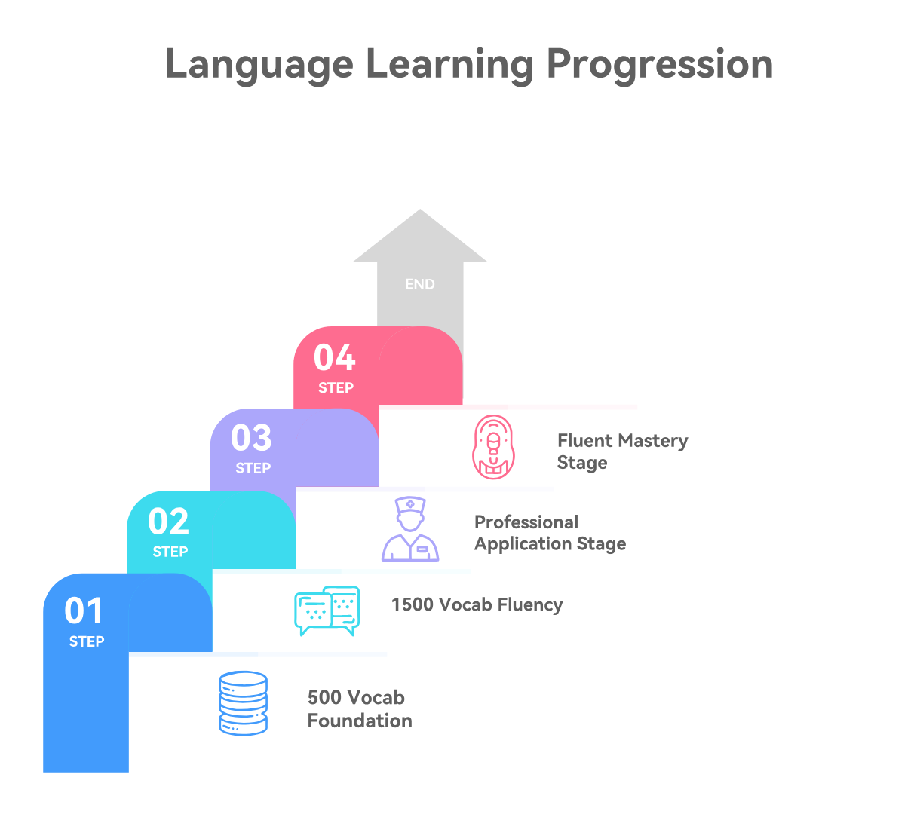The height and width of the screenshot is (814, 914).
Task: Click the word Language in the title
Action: click(x=259, y=65)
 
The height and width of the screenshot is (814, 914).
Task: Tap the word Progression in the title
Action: click(x=660, y=65)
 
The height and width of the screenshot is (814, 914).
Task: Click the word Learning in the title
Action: click(x=449, y=65)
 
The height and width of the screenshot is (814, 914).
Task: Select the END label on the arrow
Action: click(x=420, y=284)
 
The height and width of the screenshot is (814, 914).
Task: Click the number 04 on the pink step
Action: click(x=335, y=358)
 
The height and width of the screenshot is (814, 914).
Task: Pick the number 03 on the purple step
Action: click(x=251, y=438)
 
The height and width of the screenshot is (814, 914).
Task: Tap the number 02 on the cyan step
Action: click(x=168, y=522)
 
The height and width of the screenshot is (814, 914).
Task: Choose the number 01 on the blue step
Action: click(x=84, y=611)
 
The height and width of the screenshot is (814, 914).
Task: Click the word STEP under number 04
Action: click(x=336, y=388)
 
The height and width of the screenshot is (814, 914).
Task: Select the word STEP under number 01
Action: click(x=87, y=641)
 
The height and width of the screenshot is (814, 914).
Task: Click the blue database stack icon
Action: click(x=243, y=703)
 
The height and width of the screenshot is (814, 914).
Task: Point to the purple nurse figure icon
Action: click(x=410, y=529)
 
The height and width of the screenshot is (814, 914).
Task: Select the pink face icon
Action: click(x=492, y=447)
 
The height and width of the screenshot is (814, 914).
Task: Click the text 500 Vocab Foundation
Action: click(x=359, y=708)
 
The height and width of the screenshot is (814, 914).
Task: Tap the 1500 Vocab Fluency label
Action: click(x=477, y=605)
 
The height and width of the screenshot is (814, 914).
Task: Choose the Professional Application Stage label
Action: click(x=550, y=533)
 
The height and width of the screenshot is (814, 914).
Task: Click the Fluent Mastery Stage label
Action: click(x=622, y=451)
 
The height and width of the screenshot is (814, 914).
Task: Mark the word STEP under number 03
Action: click(x=253, y=468)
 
